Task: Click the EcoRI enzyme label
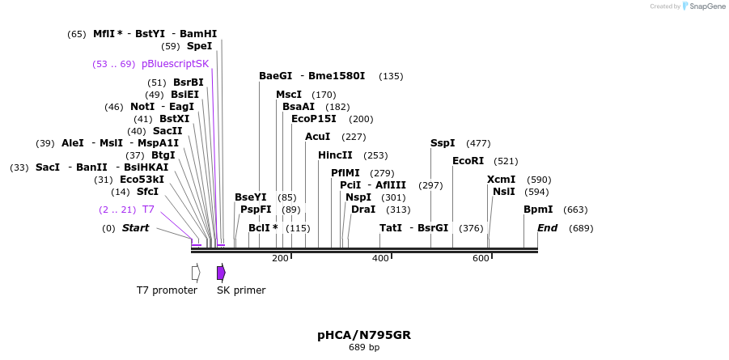click(x=468, y=161)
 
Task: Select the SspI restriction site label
click(x=443, y=143)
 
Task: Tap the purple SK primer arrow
click(x=222, y=273)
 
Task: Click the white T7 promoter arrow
click(x=196, y=273)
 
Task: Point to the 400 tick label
click(x=381, y=258)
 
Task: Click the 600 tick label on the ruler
click(x=481, y=258)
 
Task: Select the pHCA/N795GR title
click(x=364, y=335)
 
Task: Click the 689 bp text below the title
click(x=364, y=347)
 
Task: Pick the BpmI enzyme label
click(x=538, y=210)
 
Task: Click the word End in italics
click(x=547, y=228)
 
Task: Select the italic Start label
click(x=136, y=228)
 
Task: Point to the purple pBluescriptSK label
click(x=176, y=64)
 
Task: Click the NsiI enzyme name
click(x=504, y=192)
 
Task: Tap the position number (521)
click(x=506, y=162)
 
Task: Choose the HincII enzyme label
click(x=335, y=155)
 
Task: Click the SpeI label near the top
click(x=200, y=46)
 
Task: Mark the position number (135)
click(x=391, y=76)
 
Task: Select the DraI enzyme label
click(x=363, y=210)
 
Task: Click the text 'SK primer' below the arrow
click(x=241, y=290)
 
